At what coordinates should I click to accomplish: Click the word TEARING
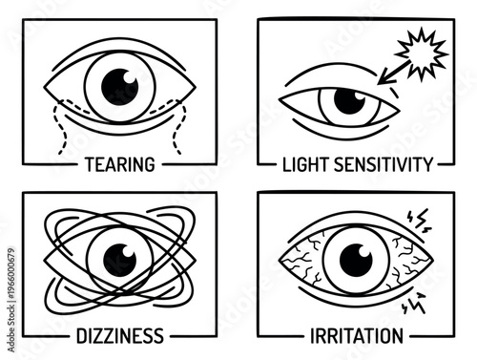tap(118, 164)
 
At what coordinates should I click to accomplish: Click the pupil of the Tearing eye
tap(120, 84)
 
